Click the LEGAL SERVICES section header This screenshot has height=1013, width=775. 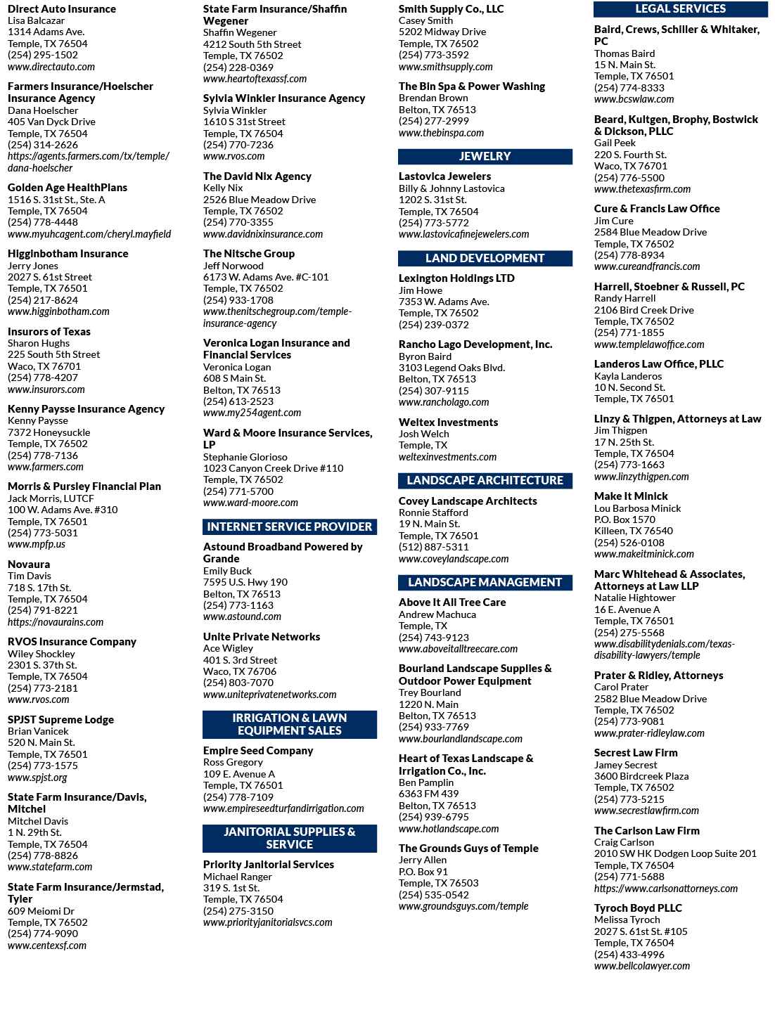[680, 9]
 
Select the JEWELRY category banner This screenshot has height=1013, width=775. [485, 157]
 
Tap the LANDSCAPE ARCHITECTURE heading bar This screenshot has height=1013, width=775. [485, 480]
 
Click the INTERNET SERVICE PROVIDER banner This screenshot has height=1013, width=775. [290, 527]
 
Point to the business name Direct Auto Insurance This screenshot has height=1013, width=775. [62, 8]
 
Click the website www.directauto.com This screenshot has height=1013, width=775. [51, 67]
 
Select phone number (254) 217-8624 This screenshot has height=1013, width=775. [43, 300]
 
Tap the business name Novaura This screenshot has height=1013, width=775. [29, 564]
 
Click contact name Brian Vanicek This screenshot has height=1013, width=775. [38, 731]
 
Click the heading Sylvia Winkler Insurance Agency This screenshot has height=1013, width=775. [284, 98]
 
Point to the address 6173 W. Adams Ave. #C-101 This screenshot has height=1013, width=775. [266, 277]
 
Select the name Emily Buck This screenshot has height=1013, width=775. [227, 571]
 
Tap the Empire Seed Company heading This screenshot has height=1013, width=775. [258, 750]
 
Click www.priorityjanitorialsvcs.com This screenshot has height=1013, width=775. [268, 922]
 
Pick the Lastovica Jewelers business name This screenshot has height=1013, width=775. [444, 176]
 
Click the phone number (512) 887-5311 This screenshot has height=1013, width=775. [433, 547]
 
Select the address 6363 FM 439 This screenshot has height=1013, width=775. [428, 794]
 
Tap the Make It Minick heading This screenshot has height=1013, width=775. [631, 496]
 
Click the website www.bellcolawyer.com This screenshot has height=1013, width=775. [641, 966]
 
